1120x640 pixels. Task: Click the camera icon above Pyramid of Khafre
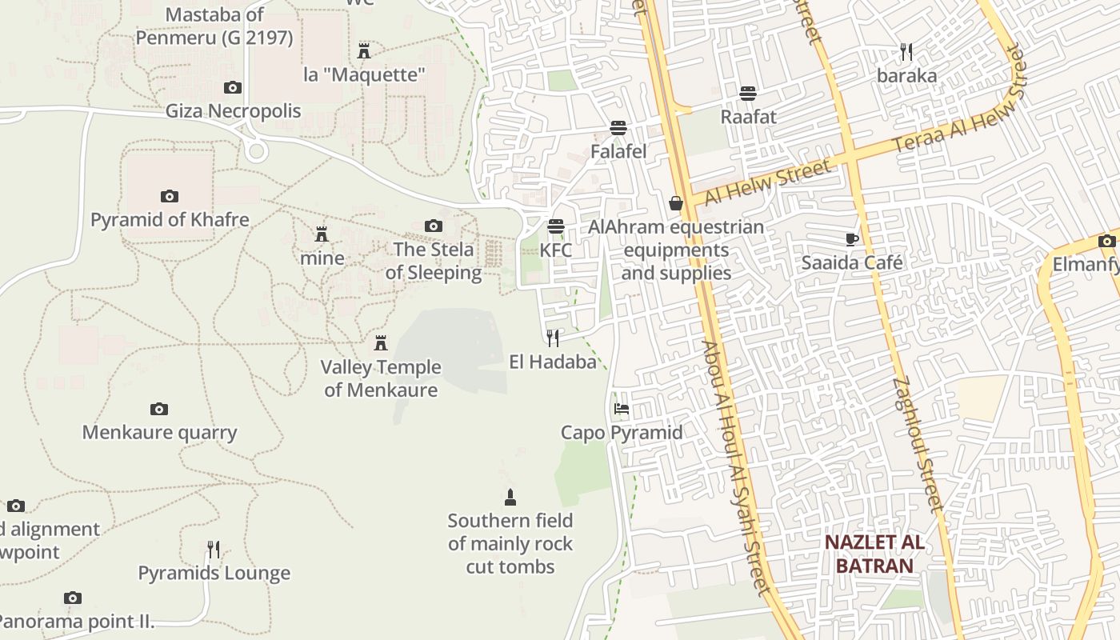(169, 196)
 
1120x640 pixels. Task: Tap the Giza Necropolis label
(233, 110)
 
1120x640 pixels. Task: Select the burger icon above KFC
(556, 226)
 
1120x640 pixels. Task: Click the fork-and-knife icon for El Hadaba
(553, 338)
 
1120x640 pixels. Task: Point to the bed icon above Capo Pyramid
(621, 409)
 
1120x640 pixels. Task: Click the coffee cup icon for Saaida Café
(852, 239)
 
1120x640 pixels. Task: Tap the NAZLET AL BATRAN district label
(874, 554)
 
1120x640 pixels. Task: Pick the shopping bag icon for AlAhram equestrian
(676, 203)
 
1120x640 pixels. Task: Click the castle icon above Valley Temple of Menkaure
(381, 343)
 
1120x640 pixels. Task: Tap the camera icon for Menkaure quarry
(159, 410)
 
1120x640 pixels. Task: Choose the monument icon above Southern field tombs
(510, 498)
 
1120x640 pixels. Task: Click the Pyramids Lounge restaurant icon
(214, 550)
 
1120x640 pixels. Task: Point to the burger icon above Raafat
(748, 94)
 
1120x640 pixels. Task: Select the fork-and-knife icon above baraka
(906, 52)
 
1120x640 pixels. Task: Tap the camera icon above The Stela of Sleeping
(434, 226)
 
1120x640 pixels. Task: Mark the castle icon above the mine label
(322, 234)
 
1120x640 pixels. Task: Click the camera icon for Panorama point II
(73, 598)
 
